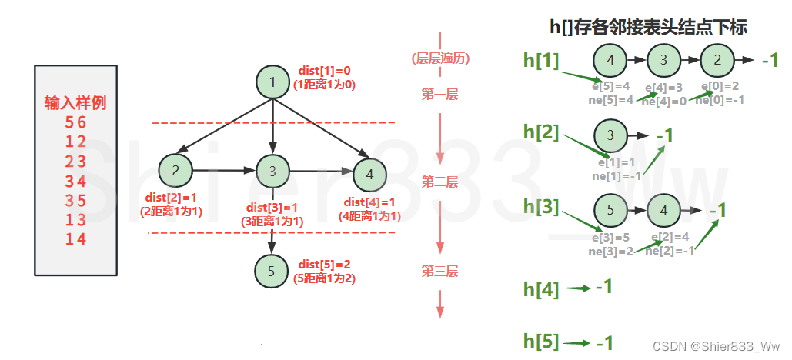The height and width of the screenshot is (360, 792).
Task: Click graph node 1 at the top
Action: tap(272, 82)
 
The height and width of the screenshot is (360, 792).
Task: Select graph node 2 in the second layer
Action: tap(175, 171)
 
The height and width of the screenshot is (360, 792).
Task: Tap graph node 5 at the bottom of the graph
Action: tap(271, 270)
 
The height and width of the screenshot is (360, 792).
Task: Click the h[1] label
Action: tap(541, 60)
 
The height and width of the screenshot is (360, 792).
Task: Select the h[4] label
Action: tap(541, 288)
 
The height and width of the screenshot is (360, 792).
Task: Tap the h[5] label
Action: tap(541, 342)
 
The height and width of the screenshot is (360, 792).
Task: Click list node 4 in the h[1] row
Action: tap(610, 59)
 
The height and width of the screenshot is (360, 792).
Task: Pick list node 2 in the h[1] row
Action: tap(717, 59)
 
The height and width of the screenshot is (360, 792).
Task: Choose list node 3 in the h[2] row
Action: tap(610, 136)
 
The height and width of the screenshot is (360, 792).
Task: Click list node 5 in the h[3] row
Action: tap(610, 208)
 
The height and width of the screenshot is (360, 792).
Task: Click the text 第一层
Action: tap(439, 95)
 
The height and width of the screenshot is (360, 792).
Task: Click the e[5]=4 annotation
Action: tap(613, 86)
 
